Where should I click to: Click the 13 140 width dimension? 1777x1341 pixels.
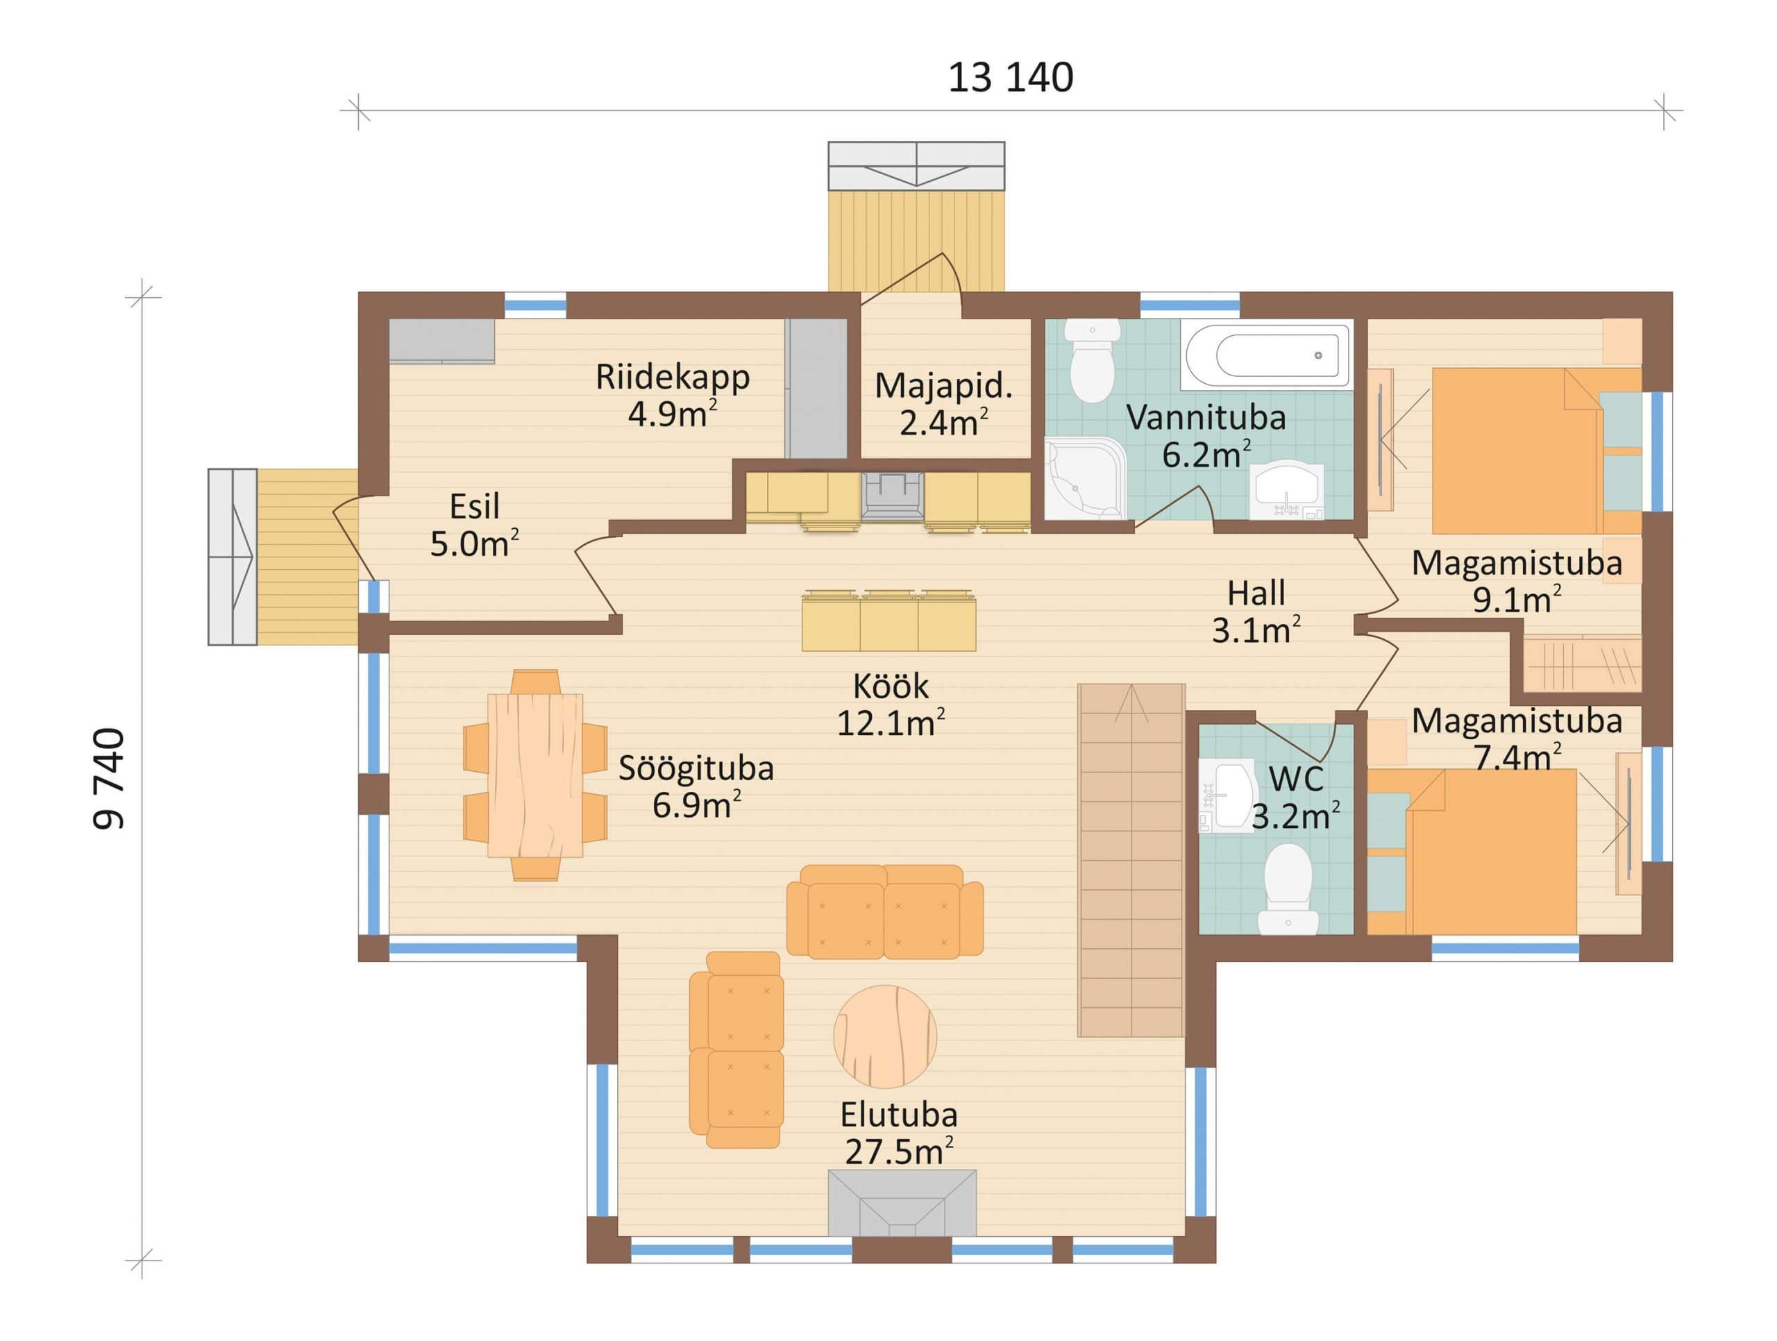pyautogui.click(x=1010, y=78)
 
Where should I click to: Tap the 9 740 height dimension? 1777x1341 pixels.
pyautogui.click(x=109, y=779)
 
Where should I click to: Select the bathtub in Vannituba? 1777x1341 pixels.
pyautogui.click(x=1267, y=356)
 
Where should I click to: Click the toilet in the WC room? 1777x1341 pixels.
pyautogui.click(x=1288, y=887)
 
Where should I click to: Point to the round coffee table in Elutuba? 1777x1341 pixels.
pyautogui.click(x=884, y=1036)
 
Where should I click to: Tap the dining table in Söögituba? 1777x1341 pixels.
pyautogui.click(x=535, y=775)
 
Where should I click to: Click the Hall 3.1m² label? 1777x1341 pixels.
pyautogui.click(x=1256, y=612)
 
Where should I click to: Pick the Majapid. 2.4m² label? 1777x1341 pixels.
pyautogui.click(x=944, y=403)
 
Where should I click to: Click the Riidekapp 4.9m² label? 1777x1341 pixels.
pyautogui.click(x=673, y=394)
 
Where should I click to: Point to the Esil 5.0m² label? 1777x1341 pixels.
pyautogui.click(x=474, y=525)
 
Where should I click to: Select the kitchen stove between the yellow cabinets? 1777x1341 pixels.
pyautogui.click(x=892, y=495)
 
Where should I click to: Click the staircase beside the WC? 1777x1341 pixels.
pyautogui.click(x=1131, y=860)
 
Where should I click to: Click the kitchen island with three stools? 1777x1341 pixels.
pyautogui.click(x=888, y=623)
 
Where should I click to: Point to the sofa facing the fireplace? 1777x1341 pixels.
pyautogui.click(x=884, y=911)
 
